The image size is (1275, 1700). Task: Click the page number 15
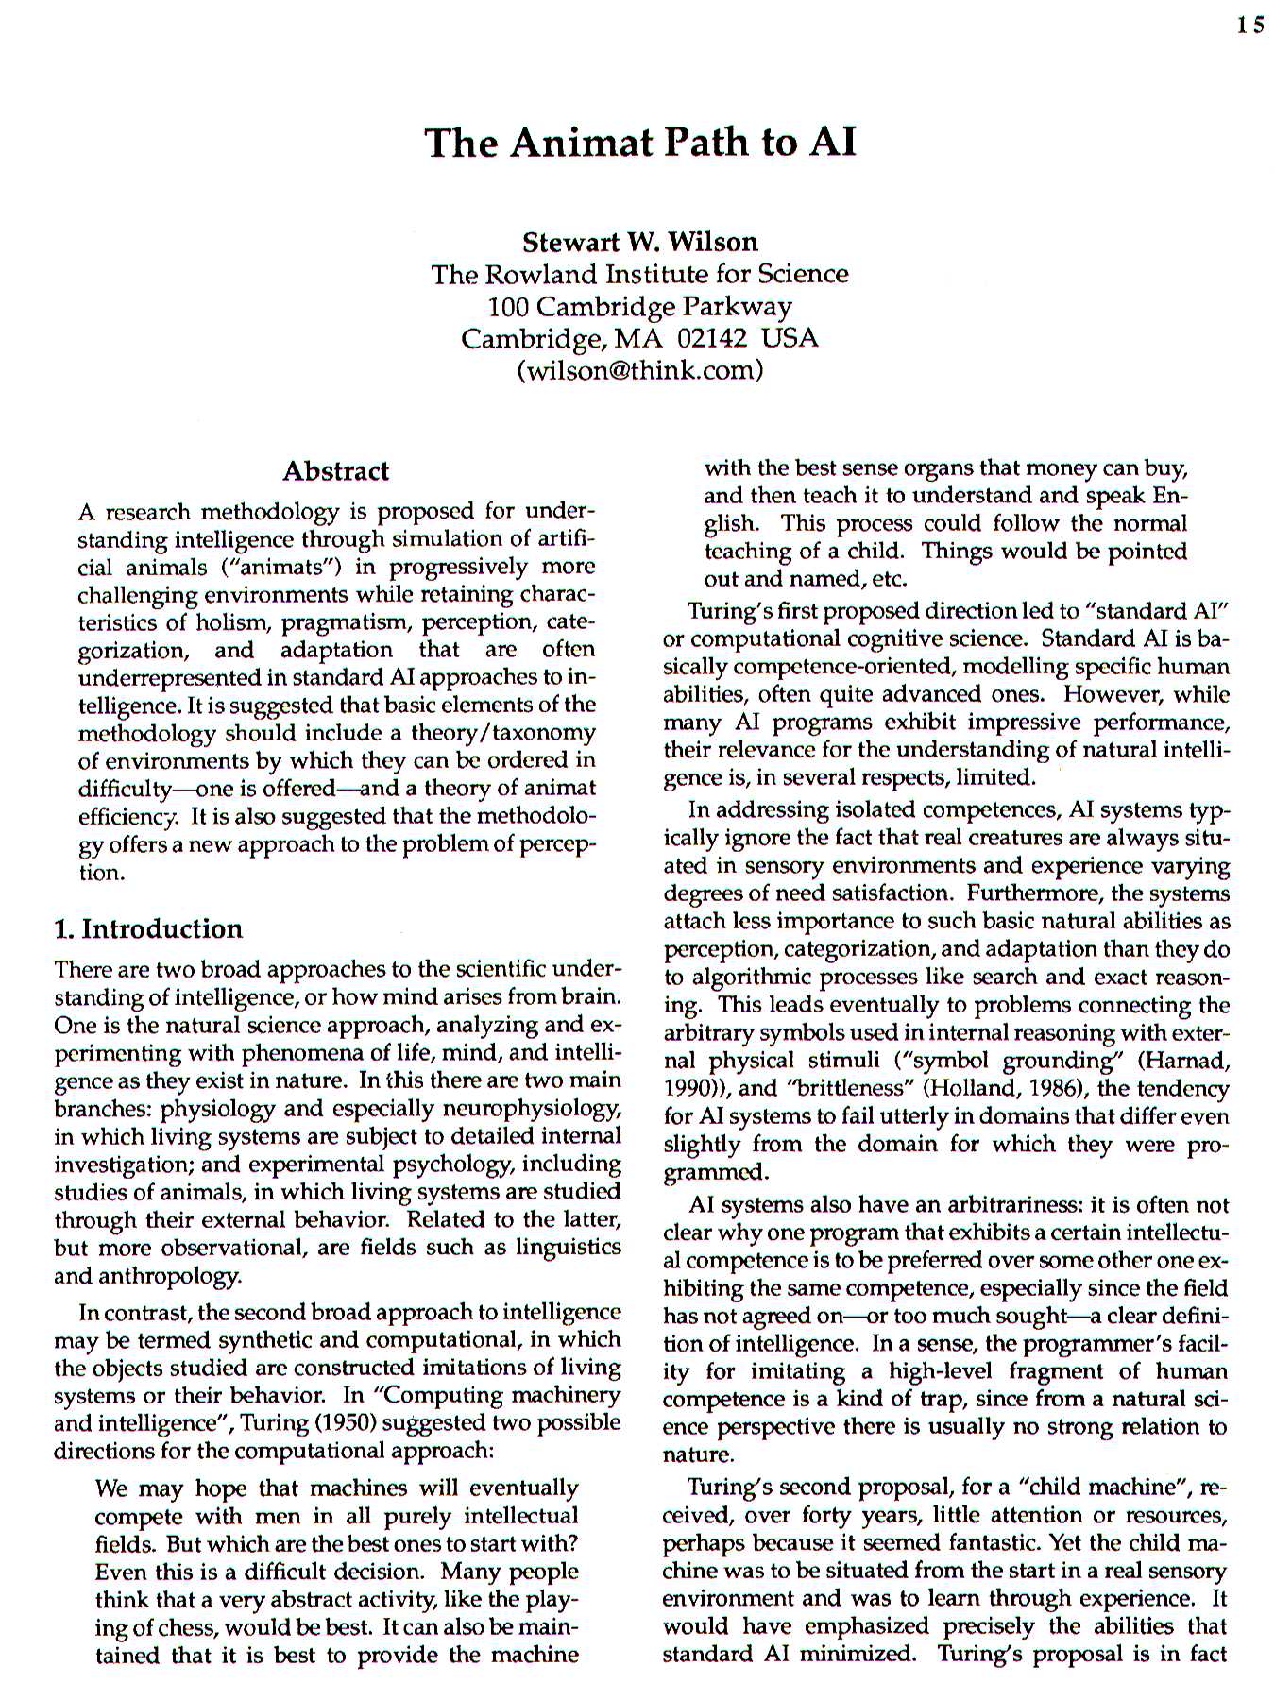point(1250,25)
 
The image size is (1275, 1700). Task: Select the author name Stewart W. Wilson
point(639,242)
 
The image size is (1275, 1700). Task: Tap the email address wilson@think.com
point(639,369)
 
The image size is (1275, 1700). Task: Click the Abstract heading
point(335,470)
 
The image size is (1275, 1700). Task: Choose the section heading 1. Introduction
point(148,928)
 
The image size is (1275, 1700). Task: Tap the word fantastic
point(961,1542)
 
